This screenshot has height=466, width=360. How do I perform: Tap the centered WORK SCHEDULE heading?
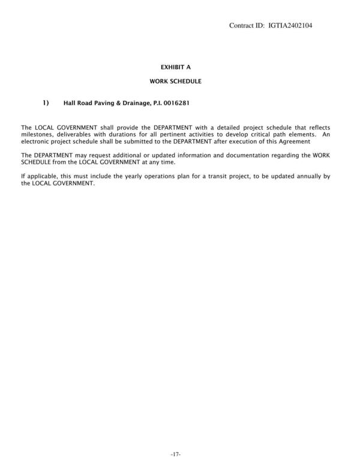175,80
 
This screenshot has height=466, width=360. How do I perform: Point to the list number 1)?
46,103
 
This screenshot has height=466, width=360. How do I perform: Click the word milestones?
36,135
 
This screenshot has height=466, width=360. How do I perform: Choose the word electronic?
37,142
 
